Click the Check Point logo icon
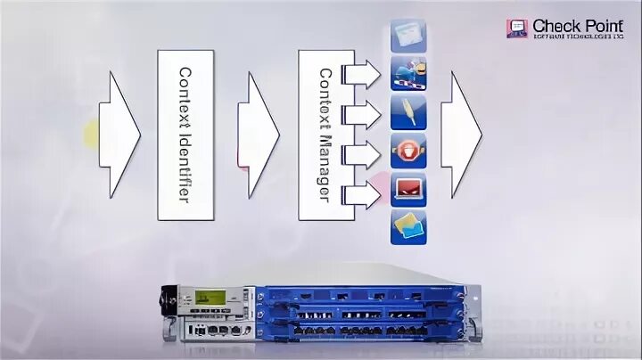[x=517, y=29]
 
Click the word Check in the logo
[x=551, y=26]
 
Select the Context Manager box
[x=323, y=134]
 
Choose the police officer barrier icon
[x=408, y=74]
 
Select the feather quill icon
[x=408, y=113]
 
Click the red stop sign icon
[x=408, y=152]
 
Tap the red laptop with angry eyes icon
[x=408, y=190]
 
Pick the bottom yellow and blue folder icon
[x=408, y=227]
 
